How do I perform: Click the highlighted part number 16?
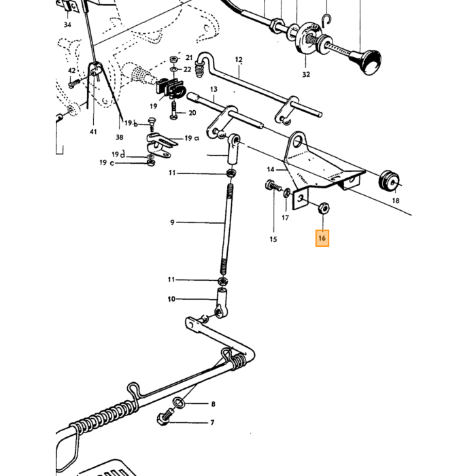[322, 238]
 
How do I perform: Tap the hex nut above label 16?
[324, 209]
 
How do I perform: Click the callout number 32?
[306, 74]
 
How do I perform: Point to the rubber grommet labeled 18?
[390, 182]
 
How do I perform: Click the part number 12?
[239, 60]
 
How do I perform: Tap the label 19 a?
[192, 139]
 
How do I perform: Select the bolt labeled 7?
[165, 417]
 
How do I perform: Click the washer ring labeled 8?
[179, 403]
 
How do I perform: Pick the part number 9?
[172, 222]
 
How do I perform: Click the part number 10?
[171, 299]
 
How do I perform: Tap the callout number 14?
[271, 169]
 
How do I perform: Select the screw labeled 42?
[73, 83]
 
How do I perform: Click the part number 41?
[93, 132]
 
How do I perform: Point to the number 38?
[120, 137]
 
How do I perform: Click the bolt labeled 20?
[173, 110]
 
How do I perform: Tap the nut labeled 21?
[173, 58]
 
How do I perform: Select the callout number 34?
[67, 24]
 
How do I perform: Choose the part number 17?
[285, 218]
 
